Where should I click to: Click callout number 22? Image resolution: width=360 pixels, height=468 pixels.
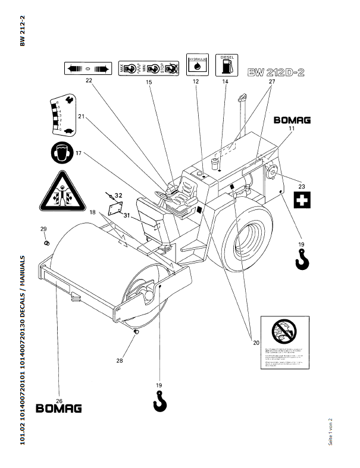[x=89, y=80]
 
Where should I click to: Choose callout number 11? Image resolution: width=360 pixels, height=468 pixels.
[x=292, y=128]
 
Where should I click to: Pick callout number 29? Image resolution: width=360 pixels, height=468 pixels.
[x=43, y=229]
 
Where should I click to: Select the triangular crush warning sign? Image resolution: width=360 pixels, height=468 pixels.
[x=60, y=192]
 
